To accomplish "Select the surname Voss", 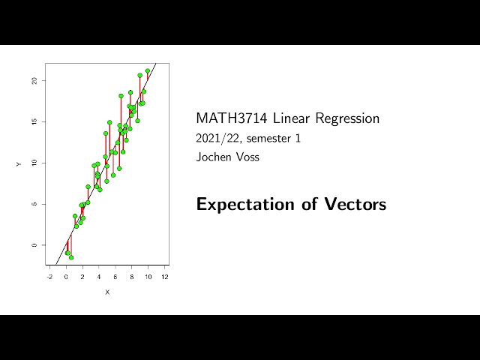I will [x=247, y=157].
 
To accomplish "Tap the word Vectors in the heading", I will [x=355, y=204].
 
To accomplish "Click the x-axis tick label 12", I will [x=165, y=277].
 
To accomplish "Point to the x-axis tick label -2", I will [x=49, y=277].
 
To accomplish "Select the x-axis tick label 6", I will [x=115, y=277].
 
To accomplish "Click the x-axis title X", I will [x=107, y=292].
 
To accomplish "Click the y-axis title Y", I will [x=19, y=163].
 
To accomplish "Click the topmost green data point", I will [x=148, y=71].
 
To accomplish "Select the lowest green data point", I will [x=71, y=257].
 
